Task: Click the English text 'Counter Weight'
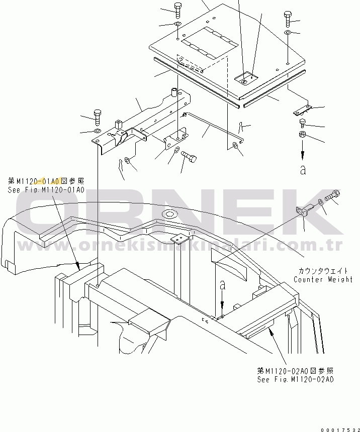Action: coord(323,279)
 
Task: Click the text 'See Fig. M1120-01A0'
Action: coord(46,190)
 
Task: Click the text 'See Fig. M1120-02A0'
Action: coord(295,379)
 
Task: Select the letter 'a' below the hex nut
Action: coord(302,170)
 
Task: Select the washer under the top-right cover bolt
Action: coord(287,33)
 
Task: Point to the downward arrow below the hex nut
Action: coord(303,151)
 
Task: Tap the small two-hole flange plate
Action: coord(301,211)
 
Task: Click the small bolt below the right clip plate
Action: coord(303,122)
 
